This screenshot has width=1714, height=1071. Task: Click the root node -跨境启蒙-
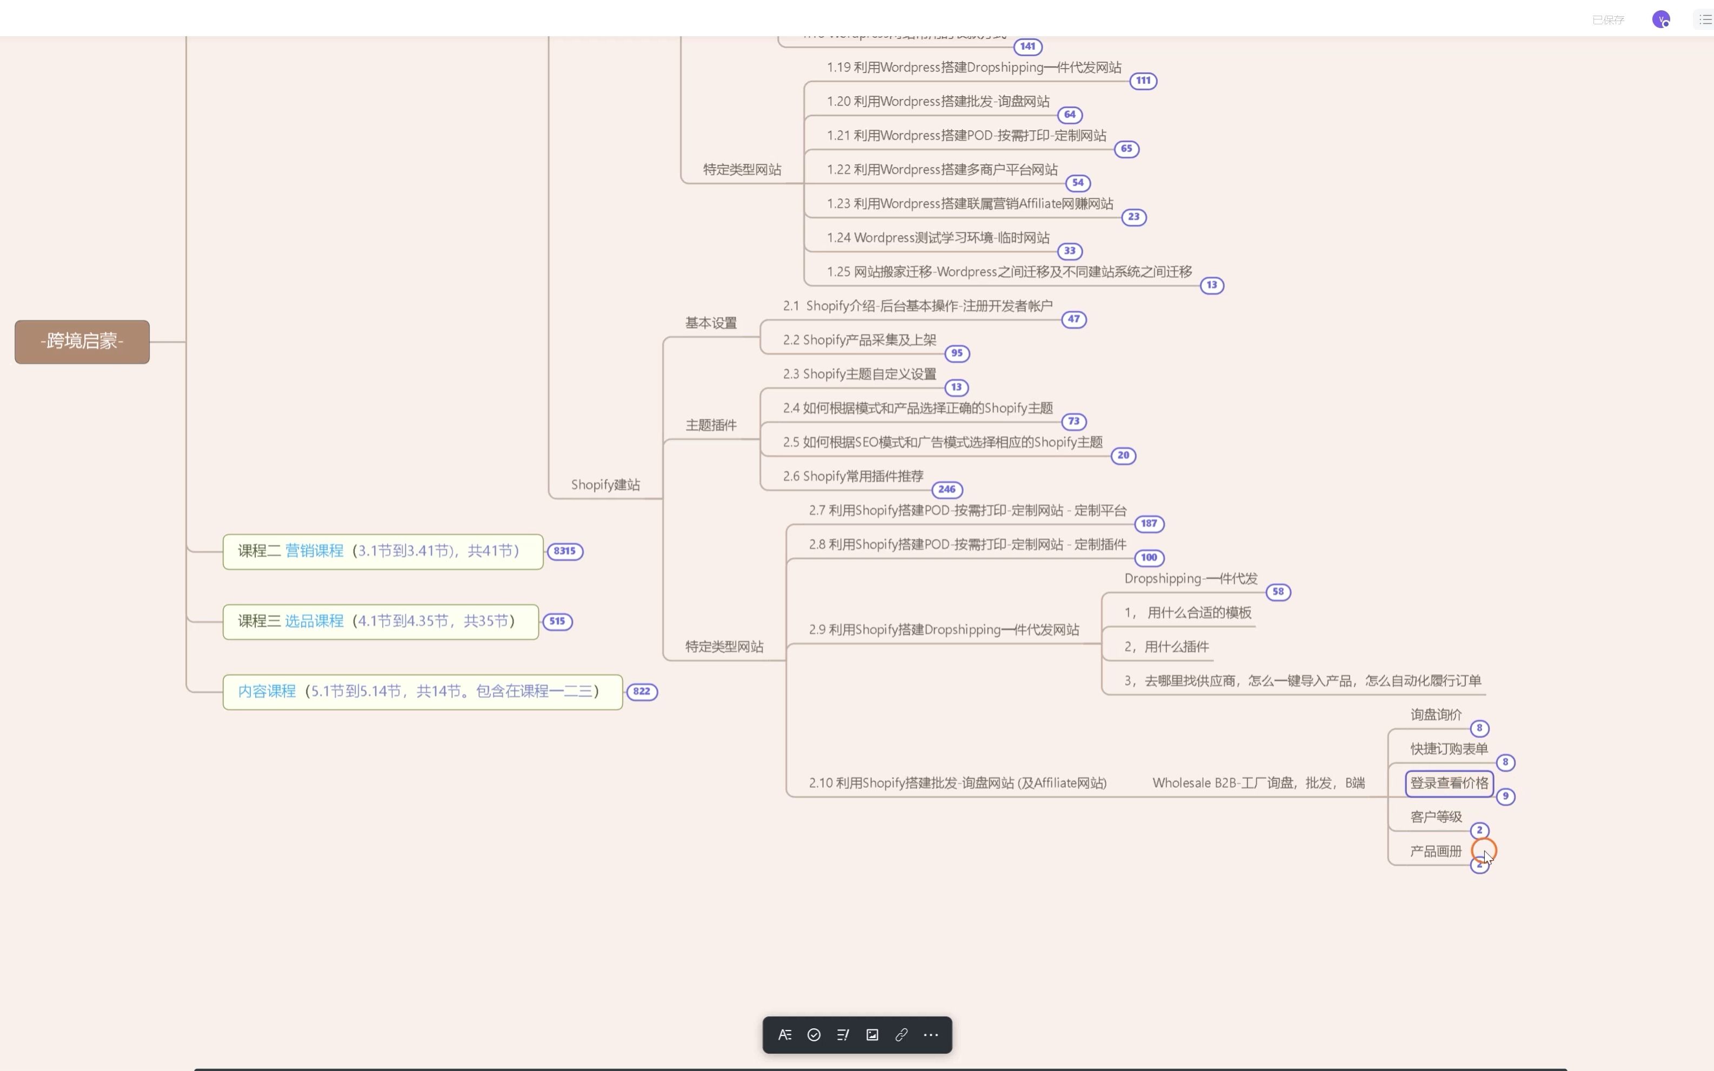[82, 342]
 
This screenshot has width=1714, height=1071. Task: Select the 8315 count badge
[565, 551]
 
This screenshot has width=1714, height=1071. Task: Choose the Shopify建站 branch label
[605, 485]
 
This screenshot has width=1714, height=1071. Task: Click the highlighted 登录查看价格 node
[1449, 782]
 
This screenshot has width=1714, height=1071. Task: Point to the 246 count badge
[946, 490]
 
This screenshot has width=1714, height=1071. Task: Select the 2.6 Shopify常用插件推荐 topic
[853, 476]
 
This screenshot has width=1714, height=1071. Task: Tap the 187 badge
[1149, 524]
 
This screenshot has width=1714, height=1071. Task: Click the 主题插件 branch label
[711, 425]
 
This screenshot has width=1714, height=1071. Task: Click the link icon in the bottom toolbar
[901, 1035]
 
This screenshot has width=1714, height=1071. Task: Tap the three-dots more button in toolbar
[931, 1035]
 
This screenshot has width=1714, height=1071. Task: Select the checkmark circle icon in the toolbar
[814, 1035]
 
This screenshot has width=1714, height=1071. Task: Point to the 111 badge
[1143, 81]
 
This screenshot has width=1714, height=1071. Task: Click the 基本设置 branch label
[711, 323]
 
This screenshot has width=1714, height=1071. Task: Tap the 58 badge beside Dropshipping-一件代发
[1278, 592]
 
